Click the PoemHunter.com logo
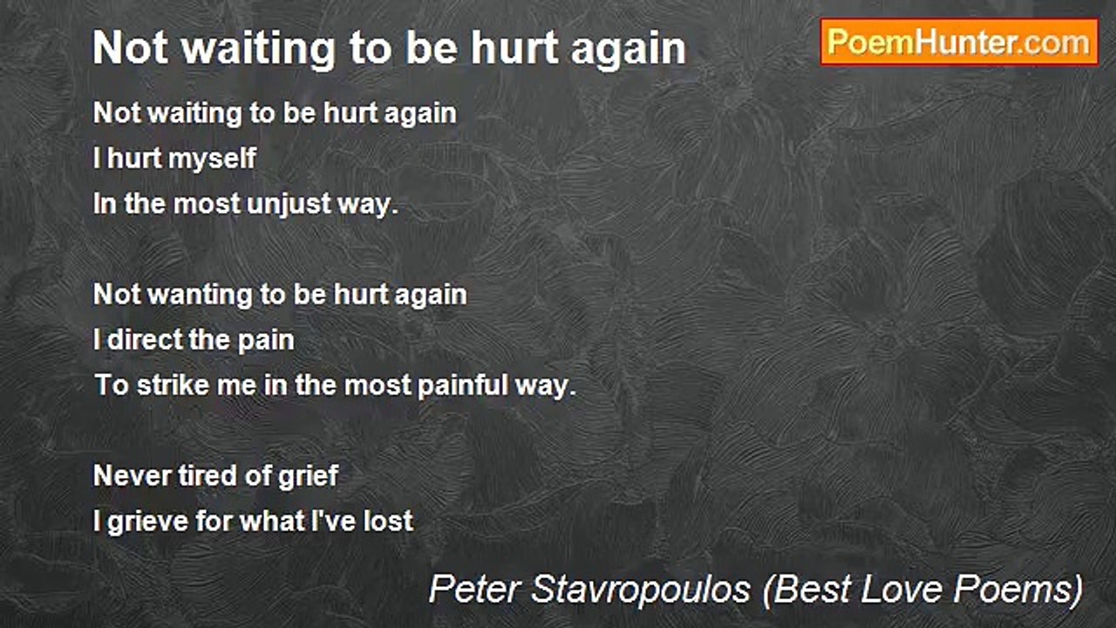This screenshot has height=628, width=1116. [959, 42]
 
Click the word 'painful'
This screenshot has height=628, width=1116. [459, 386]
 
